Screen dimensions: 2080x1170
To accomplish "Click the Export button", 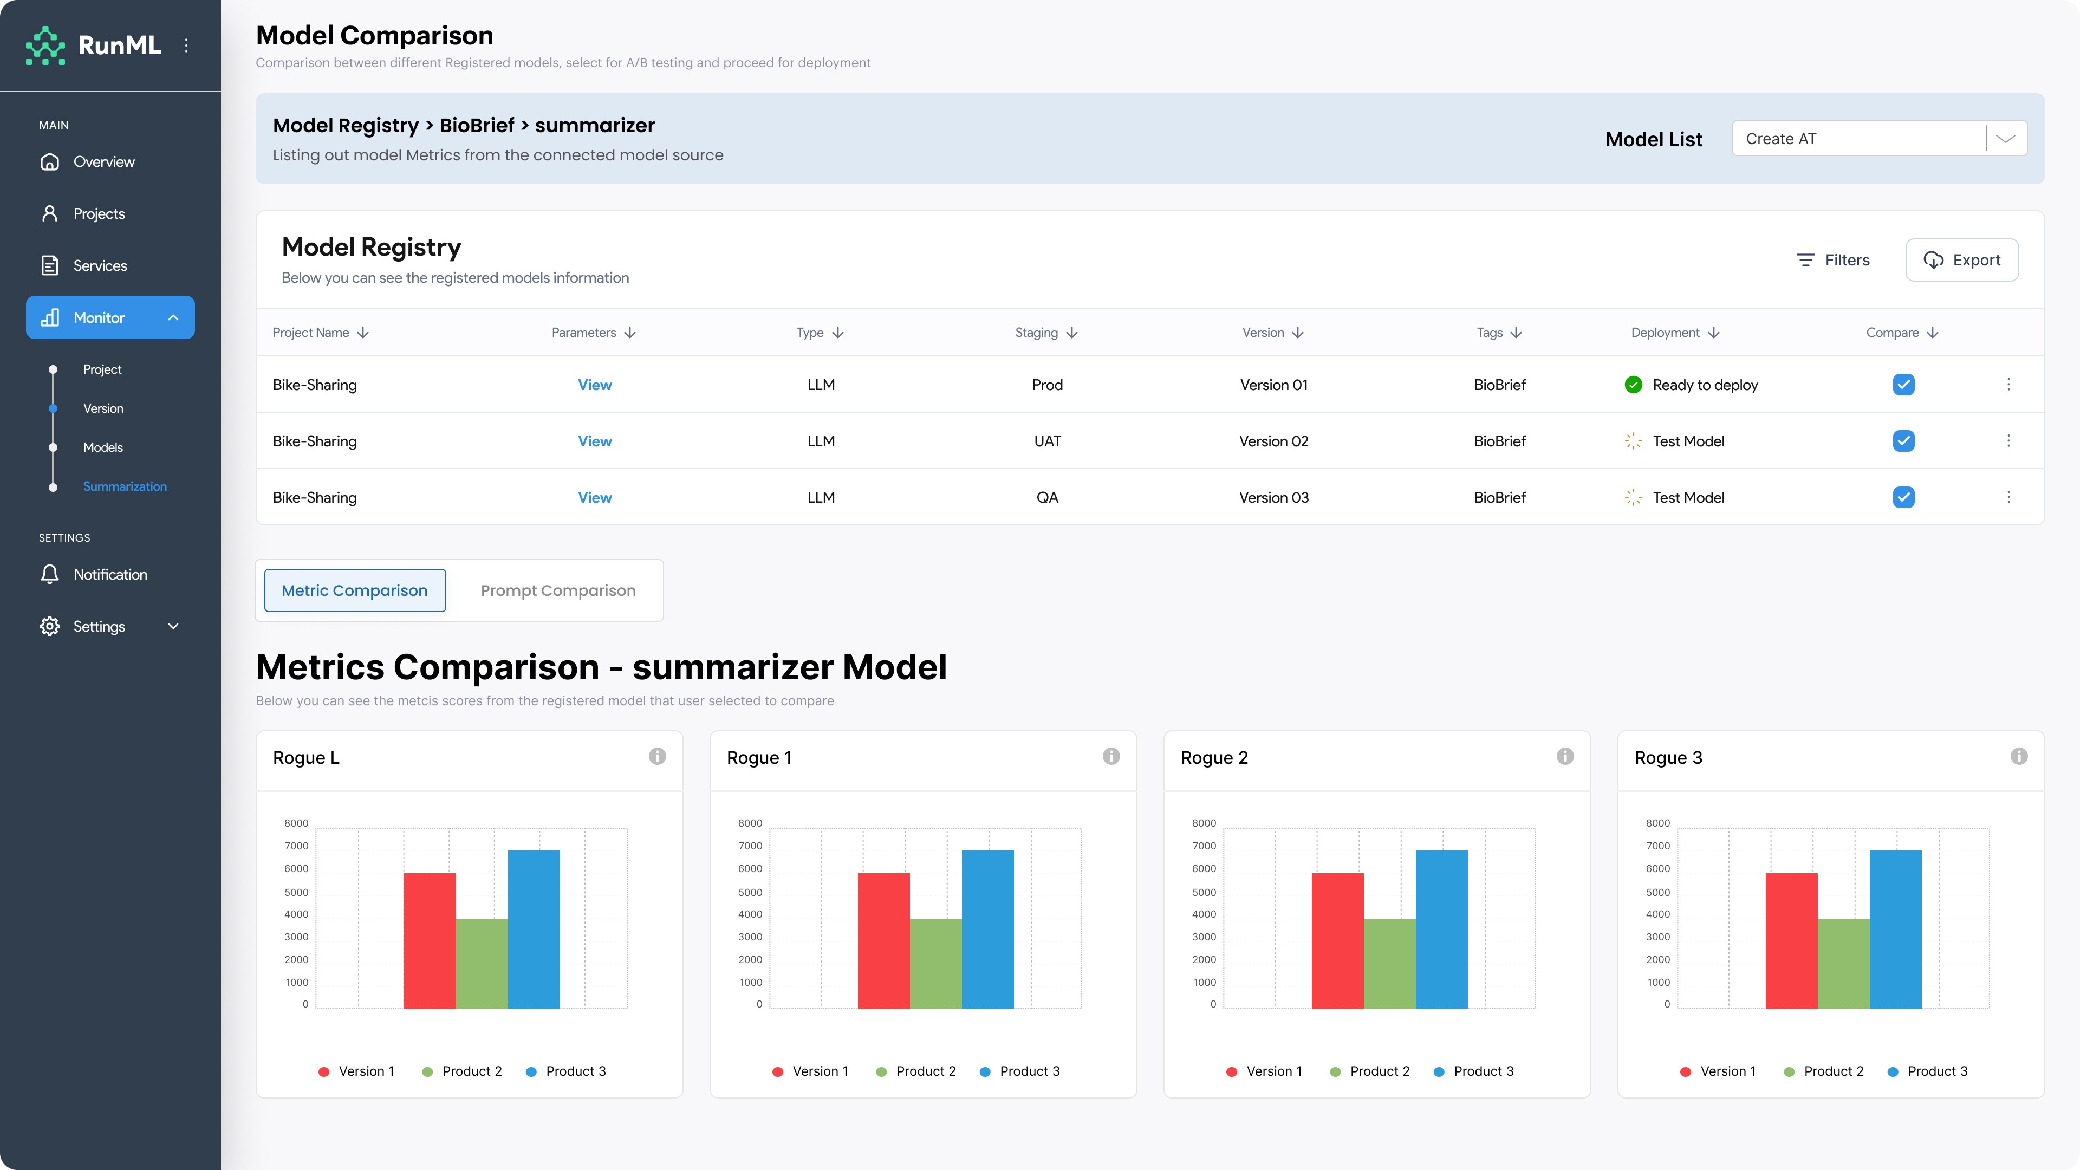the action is pos(1961,260).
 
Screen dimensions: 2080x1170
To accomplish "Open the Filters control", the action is pos(1833,260).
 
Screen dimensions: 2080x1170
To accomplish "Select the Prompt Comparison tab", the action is pos(558,590).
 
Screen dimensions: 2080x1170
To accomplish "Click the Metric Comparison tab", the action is pos(354,590).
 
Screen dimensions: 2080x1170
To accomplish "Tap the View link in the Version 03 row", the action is pos(594,497).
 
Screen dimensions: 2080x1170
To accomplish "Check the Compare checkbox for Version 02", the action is pos(1903,441).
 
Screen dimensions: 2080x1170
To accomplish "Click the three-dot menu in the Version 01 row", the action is pos(2008,385).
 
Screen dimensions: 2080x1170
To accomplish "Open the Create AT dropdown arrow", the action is pos(2006,139).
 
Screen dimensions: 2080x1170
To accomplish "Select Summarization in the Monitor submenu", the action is pos(125,486).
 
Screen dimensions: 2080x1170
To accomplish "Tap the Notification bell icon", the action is pos(49,574).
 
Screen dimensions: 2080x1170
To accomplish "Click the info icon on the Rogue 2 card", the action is pos(1565,757).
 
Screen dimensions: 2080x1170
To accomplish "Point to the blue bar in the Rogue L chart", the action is pos(534,929).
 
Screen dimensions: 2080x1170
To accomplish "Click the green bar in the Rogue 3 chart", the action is pos(1843,963).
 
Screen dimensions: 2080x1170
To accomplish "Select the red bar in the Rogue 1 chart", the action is pos(883,941).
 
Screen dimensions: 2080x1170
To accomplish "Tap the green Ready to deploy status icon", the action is pos(1633,385).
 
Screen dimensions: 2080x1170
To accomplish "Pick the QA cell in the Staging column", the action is pos(1047,497).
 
